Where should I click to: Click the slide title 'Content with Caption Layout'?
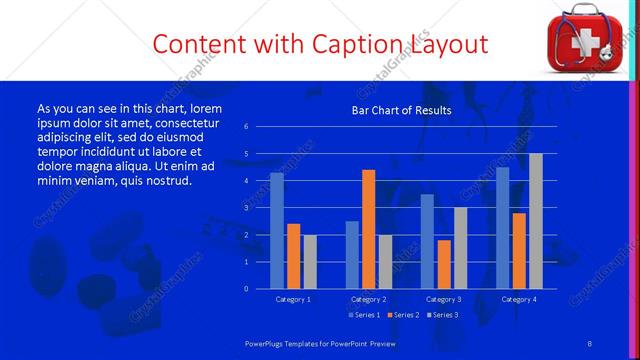[320, 44]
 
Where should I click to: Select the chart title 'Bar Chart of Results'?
[400, 110]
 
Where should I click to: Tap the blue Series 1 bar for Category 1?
[276, 231]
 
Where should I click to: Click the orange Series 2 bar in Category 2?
[368, 229]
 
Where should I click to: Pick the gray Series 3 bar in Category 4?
[536, 221]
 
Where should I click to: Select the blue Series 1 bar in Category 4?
[503, 228]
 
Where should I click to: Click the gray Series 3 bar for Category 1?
[309, 262]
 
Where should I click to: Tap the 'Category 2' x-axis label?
[368, 300]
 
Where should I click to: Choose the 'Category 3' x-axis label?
[443, 300]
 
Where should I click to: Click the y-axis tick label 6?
[246, 127]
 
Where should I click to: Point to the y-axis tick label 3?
[246, 208]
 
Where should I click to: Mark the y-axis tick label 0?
[246, 289]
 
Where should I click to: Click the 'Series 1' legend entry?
[363, 315]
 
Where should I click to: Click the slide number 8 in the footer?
[590, 343]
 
